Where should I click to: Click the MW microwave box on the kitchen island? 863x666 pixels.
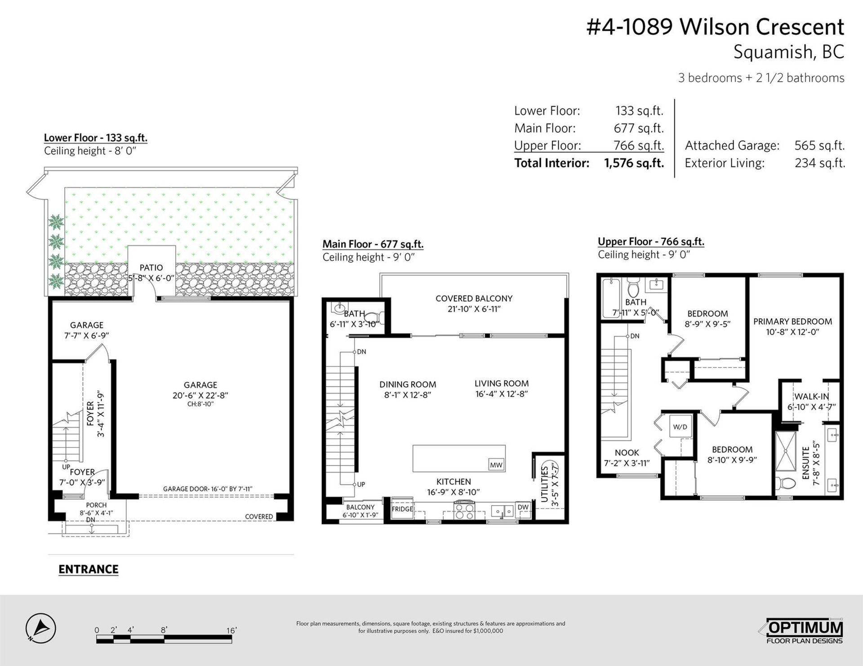click(496, 465)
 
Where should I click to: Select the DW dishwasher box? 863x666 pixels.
click(523, 507)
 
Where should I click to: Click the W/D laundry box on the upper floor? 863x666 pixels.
click(680, 427)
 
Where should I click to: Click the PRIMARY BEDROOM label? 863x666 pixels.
click(792, 322)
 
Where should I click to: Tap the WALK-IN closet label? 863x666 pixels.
click(811, 397)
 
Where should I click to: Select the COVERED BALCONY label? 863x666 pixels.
click(474, 299)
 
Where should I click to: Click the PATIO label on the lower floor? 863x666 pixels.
click(151, 268)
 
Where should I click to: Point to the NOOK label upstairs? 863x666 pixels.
click(627, 453)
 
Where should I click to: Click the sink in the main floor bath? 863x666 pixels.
click(338, 308)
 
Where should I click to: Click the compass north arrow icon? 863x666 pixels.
click(40, 627)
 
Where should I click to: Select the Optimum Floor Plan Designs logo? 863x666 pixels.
click(805, 631)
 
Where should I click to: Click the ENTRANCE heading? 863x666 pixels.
click(89, 569)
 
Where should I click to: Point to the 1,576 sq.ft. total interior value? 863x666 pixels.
click(634, 163)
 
